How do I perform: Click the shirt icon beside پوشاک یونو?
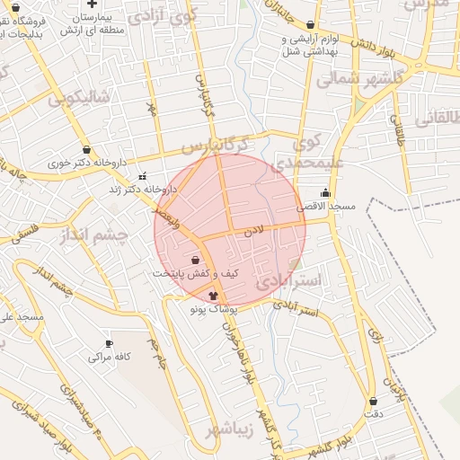pos(213,294)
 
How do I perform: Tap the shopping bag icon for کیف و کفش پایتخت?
pos(195,259)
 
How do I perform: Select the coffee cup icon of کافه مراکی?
pos(110,343)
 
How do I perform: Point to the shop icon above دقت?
pos(373,400)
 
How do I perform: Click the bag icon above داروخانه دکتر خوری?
pos(86,150)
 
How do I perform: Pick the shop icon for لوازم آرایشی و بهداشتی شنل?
pos(311,25)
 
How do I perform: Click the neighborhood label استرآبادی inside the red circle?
pos(287,280)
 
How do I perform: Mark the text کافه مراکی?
pos(110,357)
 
